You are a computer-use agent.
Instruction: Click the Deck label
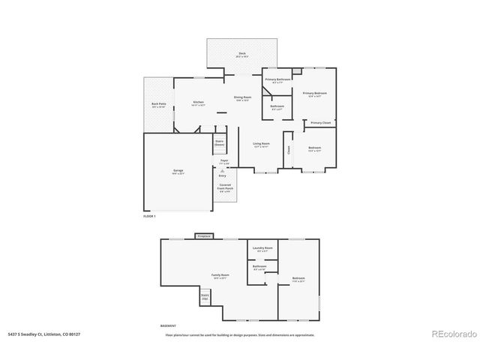[x=241, y=54]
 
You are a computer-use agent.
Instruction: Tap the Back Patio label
[x=158, y=106]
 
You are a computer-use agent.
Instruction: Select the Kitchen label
[x=198, y=103]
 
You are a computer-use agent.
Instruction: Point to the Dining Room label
[x=241, y=98]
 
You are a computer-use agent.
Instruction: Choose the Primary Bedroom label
[x=315, y=94]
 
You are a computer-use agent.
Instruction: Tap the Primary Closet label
[x=321, y=122]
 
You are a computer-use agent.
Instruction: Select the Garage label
[x=178, y=172]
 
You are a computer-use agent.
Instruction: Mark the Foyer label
[x=223, y=161]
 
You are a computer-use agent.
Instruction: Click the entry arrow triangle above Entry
[x=223, y=170]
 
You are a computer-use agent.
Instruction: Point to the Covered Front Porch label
[x=225, y=188]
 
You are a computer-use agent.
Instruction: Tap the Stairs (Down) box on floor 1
[x=220, y=142]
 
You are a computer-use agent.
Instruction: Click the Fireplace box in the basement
[x=203, y=236]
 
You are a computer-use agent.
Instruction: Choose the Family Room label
[x=220, y=277]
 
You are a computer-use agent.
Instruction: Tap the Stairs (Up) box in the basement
[x=205, y=297]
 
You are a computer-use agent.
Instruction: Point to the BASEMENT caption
[x=169, y=326]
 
